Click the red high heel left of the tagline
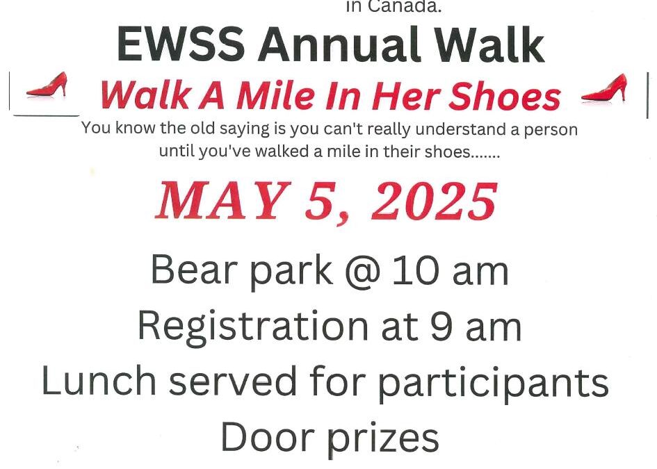coord(47,85)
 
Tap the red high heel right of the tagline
coord(605,88)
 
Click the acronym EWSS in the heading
coord(181,44)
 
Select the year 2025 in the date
coord(435,201)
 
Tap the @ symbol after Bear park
coord(363,272)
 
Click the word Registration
coord(253,328)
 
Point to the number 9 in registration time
coord(441,327)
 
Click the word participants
coord(493,383)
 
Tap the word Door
coord(268,437)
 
